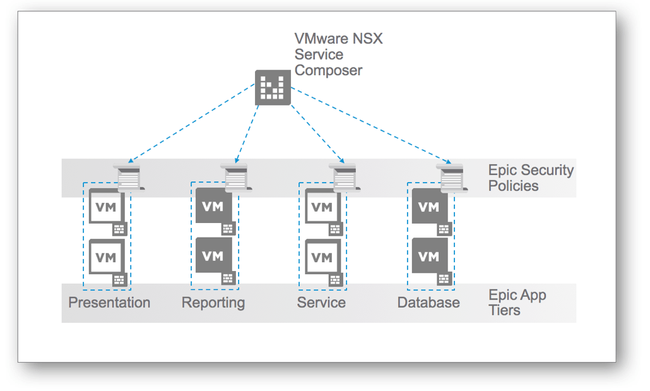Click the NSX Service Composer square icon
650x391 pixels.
pyautogui.click(x=273, y=88)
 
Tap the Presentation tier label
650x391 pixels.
pyautogui.click(x=109, y=303)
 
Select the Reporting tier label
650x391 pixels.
pyautogui.click(x=213, y=303)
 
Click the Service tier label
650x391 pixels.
pyautogui.click(x=321, y=303)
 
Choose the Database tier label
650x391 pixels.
pyautogui.click(x=428, y=303)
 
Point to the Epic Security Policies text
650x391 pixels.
pyautogui.click(x=531, y=177)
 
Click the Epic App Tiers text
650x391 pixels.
pyautogui.click(x=517, y=303)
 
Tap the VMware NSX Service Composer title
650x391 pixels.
pyautogui.click(x=338, y=55)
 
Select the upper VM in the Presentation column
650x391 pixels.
pyautogui.click(x=106, y=207)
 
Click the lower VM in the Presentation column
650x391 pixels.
pyautogui.click(x=106, y=256)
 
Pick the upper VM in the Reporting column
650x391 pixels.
pyautogui.click(x=213, y=206)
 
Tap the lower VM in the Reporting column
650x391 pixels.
pyautogui.click(x=213, y=256)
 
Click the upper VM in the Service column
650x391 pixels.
pyautogui.click(x=322, y=207)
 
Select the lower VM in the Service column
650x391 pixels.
pyautogui.click(x=322, y=256)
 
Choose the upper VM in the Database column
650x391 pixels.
pyautogui.click(x=429, y=206)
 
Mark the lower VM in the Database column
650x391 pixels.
pyautogui.click(x=429, y=256)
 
